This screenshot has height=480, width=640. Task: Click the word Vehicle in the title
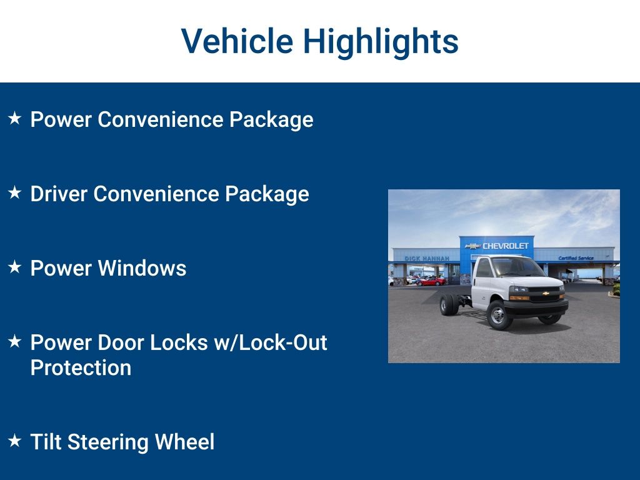pos(237,41)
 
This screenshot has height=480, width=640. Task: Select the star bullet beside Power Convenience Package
pos(15,118)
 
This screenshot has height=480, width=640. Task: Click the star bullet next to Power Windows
pos(15,267)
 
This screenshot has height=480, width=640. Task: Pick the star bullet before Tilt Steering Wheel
pos(15,441)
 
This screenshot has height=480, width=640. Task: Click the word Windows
pos(142,268)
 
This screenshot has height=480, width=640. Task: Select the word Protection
pos(81,367)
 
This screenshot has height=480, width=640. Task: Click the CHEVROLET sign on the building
pos(505,246)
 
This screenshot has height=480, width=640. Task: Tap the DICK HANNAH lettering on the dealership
pos(427,258)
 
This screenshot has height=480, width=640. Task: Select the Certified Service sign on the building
pos(576,258)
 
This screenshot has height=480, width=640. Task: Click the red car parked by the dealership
pos(431,281)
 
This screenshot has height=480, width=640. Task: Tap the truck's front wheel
pos(498,315)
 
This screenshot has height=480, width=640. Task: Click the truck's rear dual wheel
pos(449,305)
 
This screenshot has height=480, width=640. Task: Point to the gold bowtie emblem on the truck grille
pos(546,293)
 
